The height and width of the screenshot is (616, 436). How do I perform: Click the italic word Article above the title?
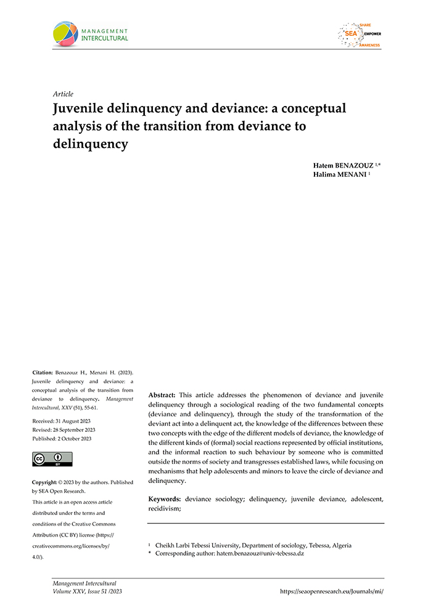click(64, 94)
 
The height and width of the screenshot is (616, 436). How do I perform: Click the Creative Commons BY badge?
click(52, 459)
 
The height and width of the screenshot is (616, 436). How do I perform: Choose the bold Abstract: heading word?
click(162, 394)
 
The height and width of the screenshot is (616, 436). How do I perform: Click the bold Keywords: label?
click(165, 498)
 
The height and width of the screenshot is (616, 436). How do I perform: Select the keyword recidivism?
click(169, 509)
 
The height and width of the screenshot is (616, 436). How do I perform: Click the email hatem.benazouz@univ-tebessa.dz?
click(260, 553)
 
